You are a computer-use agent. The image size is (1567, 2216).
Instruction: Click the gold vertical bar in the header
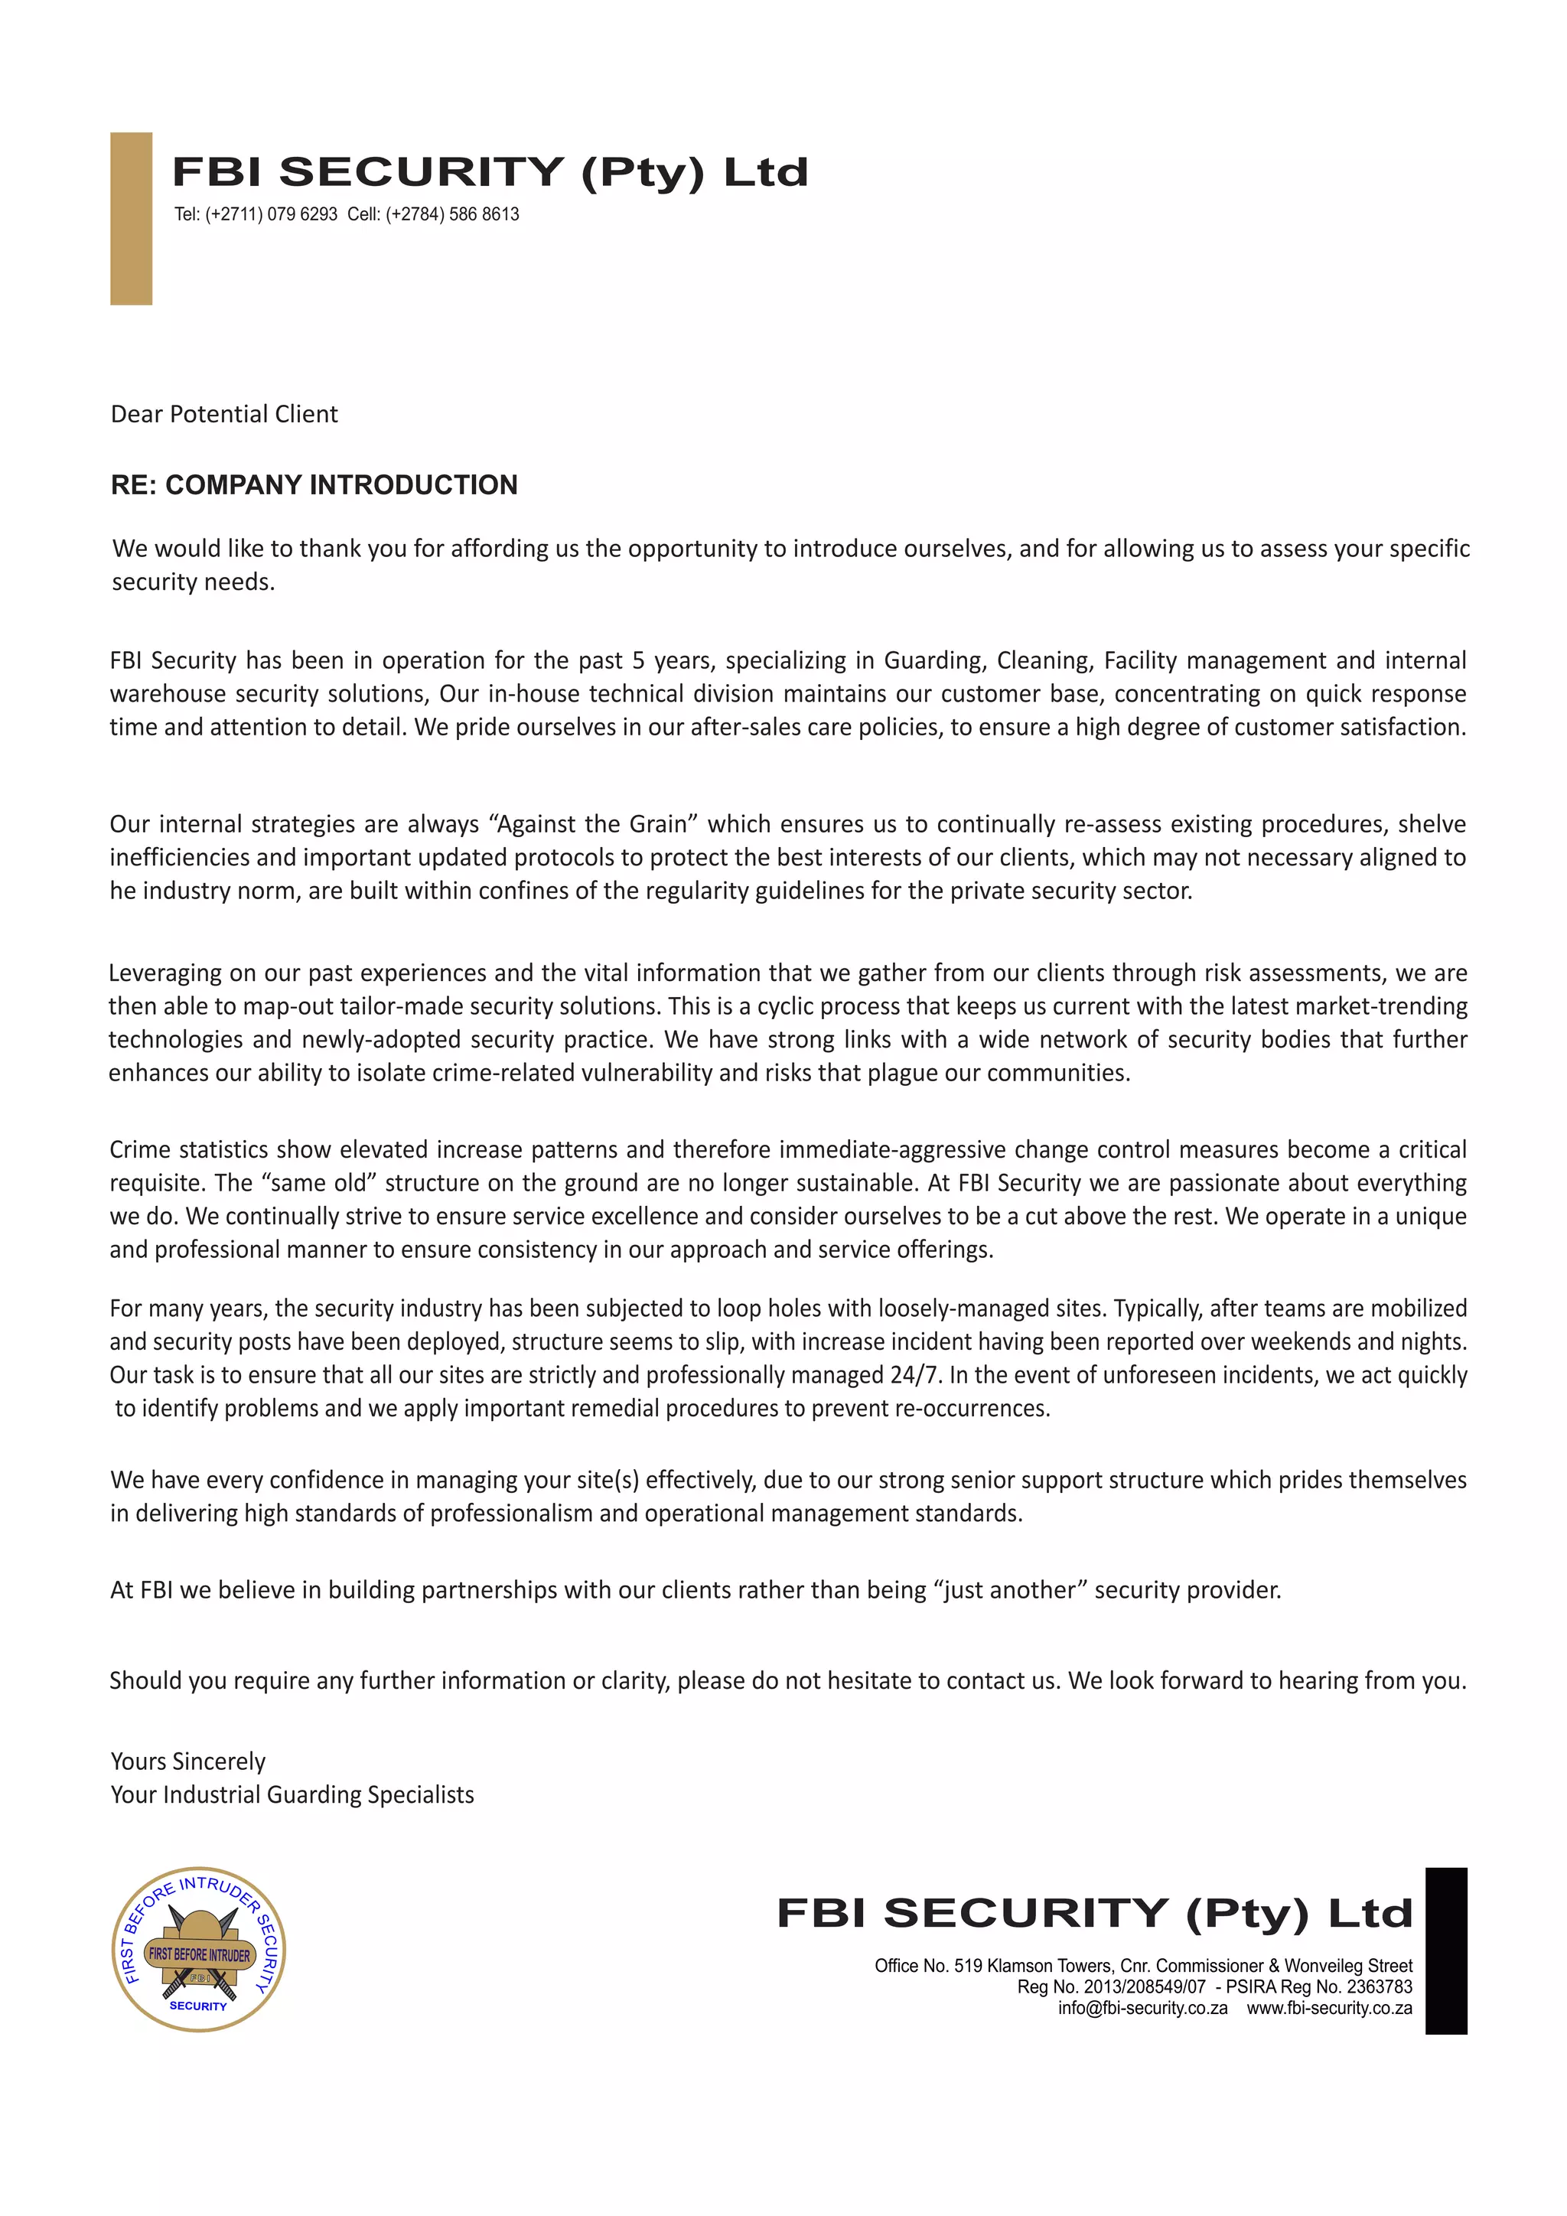[132, 218]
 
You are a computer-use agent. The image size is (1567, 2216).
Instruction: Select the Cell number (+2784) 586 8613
[433, 214]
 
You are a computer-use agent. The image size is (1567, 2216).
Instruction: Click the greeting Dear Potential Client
[224, 414]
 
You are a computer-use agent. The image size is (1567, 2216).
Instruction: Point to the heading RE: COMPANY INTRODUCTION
[314, 484]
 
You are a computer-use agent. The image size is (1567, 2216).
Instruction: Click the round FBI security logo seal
[199, 1949]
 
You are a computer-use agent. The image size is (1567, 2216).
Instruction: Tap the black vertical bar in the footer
[1445, 1950]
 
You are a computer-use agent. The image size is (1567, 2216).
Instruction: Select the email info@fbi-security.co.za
[1142, 2008]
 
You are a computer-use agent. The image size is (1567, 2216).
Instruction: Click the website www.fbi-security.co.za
[1329, 2008]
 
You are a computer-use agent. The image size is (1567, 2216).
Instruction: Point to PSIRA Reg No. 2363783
[1319, 1986]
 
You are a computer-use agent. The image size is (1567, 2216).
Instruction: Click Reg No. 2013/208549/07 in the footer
[1111, 1986]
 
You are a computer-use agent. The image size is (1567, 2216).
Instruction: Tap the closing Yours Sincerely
[188, 1761]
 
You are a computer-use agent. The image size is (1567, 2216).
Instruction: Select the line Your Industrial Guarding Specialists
[292, 1794]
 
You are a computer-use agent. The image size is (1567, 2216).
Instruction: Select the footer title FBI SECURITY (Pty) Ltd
[1094, 1913]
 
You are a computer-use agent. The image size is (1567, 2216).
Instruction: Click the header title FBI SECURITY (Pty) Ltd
[489, 173]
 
